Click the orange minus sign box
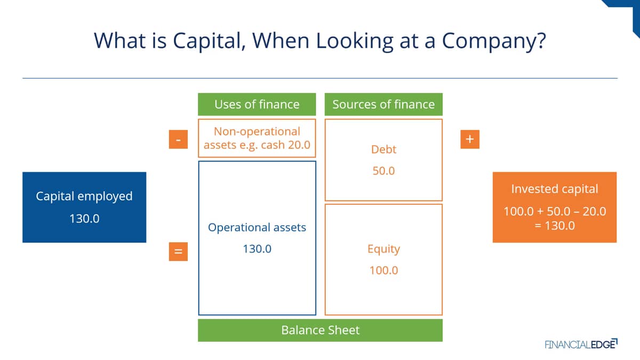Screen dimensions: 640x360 pos(178,139)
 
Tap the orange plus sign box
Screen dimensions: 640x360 pos(470,139)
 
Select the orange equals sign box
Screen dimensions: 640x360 pos(178,251)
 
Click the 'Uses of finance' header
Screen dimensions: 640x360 pos(257,105)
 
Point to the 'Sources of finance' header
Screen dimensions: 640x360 pos(383,105)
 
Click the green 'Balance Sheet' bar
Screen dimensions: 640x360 pos(321,330)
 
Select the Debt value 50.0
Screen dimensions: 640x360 pos(383,171)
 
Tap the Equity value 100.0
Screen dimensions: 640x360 pos(383,270)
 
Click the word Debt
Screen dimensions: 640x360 pos(383,149)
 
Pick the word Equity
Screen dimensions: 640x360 pos(383,249)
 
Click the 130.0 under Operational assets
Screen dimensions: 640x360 pos(257,249)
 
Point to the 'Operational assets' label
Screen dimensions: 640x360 pos(257,228)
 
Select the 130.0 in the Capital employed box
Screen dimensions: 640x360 pos(84,219)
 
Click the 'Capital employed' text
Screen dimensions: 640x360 pos(84,197)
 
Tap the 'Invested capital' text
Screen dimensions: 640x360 pos(555,189)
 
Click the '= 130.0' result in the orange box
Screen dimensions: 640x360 pos(555,226)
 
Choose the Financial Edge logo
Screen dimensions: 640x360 pos(581,344)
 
